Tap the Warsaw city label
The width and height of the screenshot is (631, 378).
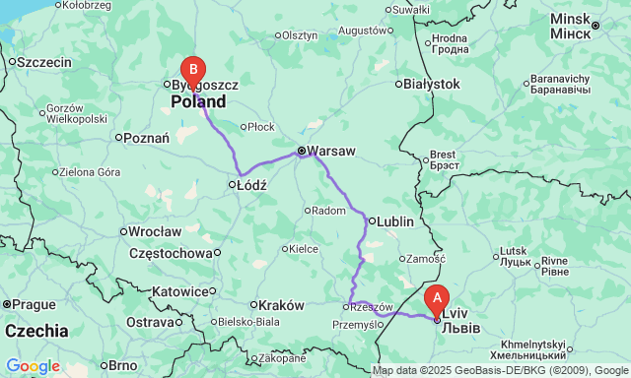click(330, 152)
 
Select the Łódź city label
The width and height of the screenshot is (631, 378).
click(251, 184)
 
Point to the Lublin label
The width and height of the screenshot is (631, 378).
click(393, 222)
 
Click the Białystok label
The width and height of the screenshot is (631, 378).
click(432, 85)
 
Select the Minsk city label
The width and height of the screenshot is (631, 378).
click(569, 19)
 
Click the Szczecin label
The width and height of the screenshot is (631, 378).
click(44, 62)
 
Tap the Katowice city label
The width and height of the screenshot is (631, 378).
click(183, 292)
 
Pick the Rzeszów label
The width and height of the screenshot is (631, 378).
click(374, 306)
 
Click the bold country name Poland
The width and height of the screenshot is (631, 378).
click(198, 101)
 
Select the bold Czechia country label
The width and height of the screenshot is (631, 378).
click(35, 331)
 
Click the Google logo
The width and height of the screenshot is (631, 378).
click(32, 366)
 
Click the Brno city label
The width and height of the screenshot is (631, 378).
click(123, 365)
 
